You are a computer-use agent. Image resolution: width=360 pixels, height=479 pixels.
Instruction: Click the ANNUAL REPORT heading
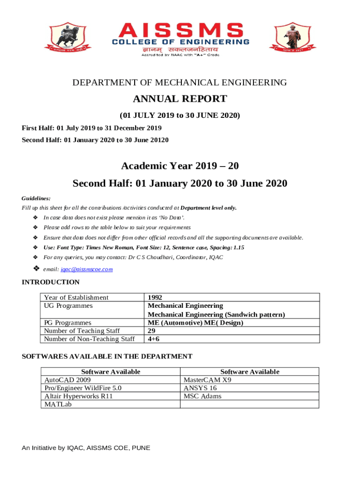[x=180, y=99]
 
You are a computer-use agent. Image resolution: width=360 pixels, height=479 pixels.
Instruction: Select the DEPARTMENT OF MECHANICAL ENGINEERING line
[x=180, y=83]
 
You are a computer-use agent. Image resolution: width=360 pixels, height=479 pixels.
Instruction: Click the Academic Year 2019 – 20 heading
[x=180, y=166]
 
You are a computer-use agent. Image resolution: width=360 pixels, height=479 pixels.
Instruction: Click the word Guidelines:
[x=36, y=198]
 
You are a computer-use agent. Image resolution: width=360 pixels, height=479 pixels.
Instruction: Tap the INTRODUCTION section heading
[x=51, y=282]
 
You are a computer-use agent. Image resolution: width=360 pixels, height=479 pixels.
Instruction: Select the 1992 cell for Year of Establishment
[x=155, y=298]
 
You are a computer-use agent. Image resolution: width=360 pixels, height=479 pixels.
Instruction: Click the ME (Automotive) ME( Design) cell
[x=195, y=323]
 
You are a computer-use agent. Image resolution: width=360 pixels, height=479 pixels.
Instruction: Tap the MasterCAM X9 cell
[x=207, y=380]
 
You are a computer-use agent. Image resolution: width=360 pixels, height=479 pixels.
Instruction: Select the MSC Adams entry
[x=202, y=396]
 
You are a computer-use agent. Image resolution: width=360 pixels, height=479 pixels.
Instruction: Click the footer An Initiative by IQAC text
[x=86, y=448]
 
